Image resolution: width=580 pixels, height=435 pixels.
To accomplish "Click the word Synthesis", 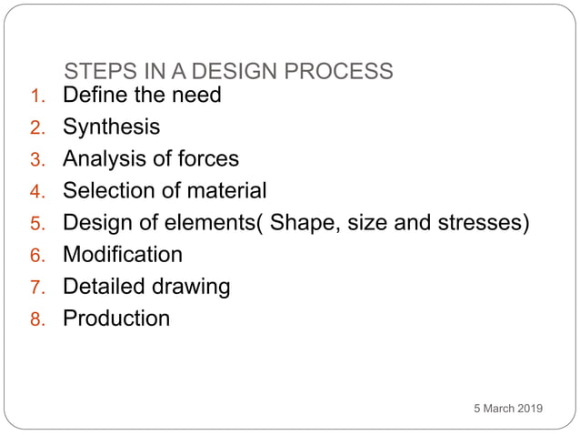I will pyautogui.click(x=111, y=126).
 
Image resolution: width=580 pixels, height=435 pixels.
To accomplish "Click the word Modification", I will pyautogui.click(x=122, y=254).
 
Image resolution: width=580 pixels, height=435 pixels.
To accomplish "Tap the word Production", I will pyautogui.click(x=115, y=318).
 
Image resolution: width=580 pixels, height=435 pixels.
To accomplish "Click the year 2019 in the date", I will pyautogui.click(x=528, y=409).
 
